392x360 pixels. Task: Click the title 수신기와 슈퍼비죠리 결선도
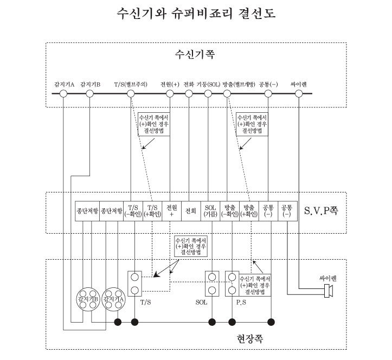(x=196, y=14)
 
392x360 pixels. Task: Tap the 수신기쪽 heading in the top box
(x=196, y=55)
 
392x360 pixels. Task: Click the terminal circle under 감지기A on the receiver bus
(x=63, y=94)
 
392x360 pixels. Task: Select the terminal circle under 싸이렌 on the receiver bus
(x=299, y=94)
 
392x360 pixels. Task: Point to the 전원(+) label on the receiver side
(x=170, y=84)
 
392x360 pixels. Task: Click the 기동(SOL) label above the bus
(x=209, y=84)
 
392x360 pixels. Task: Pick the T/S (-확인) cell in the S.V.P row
(x=134, y=210)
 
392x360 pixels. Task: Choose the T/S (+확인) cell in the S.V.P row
(x=153, y=210)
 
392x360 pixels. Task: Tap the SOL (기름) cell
(x=210, y=210)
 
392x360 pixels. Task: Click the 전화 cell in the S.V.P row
(x=190, y=210)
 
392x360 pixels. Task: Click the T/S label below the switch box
(x=146, y=302)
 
